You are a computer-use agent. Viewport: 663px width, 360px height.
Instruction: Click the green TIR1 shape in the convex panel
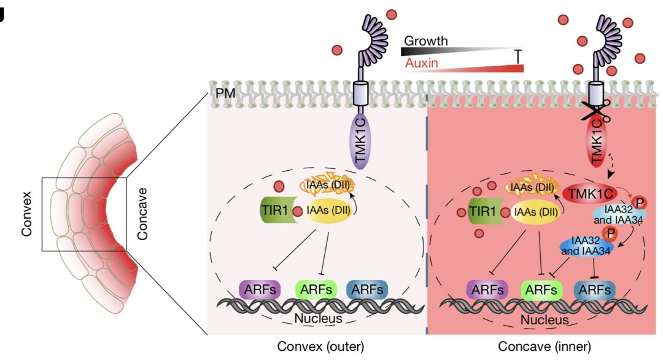click(x=276, y=210)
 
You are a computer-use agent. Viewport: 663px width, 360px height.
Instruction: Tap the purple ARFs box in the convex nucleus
click(x=260, y=290)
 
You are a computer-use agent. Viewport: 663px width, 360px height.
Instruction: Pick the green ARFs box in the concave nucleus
click(x=541, y=291)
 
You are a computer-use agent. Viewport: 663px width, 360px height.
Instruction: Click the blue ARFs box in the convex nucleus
click(x=367, y=290)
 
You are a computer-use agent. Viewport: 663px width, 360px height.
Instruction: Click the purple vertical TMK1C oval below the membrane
click(x=360, y=142)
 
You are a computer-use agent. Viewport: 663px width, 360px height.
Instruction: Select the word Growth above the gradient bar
click(x=426, y=41)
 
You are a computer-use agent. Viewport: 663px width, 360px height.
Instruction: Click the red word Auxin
click(x=422, y=63)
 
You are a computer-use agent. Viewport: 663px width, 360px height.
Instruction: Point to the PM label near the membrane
click(x=225, y=93)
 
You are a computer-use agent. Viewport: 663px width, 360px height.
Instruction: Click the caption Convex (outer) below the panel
click(x=320, y=346)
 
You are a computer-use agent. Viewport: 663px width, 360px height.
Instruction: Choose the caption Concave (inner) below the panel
click(x=544, y=346)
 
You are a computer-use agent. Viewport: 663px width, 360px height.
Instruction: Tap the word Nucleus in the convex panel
click(x=318, y=318)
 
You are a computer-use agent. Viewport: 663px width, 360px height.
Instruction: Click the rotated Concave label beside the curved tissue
click(x=142, y=214)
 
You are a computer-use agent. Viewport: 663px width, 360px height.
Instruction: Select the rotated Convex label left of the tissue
click(x=26, y=214)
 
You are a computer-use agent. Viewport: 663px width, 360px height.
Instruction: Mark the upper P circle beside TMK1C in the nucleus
click(x=639, y=203)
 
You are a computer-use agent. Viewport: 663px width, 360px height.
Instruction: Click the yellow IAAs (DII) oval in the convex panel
click(x=328, y=210)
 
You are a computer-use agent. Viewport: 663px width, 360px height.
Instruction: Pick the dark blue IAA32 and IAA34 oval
click(x=586, y=245)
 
